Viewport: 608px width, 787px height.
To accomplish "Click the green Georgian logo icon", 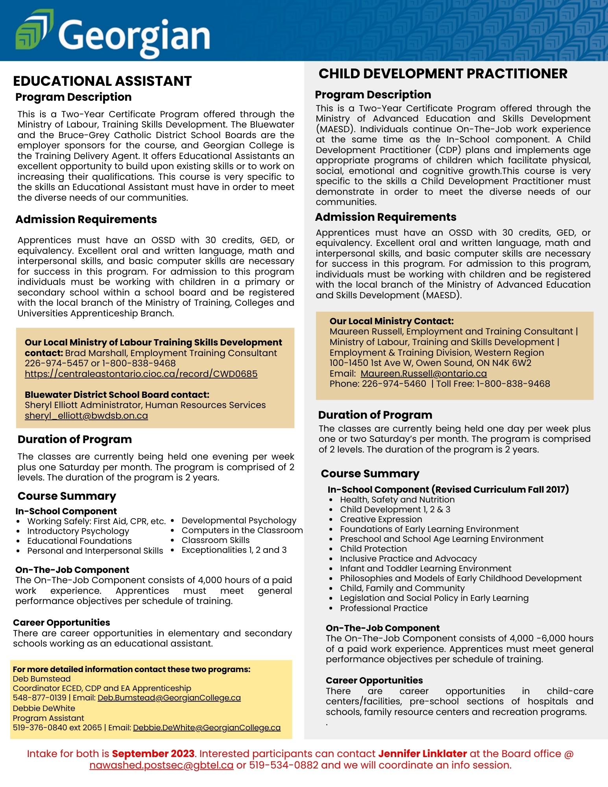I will coord(34,30).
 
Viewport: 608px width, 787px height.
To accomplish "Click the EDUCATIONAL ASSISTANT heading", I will coord(102,81).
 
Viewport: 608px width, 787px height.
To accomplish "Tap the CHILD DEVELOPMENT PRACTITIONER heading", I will coord(443,74).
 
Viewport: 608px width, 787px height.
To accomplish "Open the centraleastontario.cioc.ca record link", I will coord(141,373).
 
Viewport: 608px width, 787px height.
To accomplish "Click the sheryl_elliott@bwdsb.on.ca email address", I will coord(86,416).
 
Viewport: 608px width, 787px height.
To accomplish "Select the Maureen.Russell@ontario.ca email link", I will coord(423,373).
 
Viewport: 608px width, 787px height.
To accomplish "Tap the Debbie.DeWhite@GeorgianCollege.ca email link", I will coord(207,728).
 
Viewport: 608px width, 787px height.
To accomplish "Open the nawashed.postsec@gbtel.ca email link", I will coord(161,765).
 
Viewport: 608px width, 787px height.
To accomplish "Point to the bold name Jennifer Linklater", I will coord(422,754).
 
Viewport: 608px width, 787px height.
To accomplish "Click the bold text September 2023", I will coord(153,754).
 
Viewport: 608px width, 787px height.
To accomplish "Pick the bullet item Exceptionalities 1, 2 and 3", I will coord(234,550).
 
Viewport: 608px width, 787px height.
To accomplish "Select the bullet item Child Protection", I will coord(373,549).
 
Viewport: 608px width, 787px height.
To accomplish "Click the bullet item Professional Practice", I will coord(384,608).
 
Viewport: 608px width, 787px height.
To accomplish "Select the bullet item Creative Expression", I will coord(381,519).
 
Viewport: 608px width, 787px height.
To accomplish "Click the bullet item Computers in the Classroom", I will coord(242,530).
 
